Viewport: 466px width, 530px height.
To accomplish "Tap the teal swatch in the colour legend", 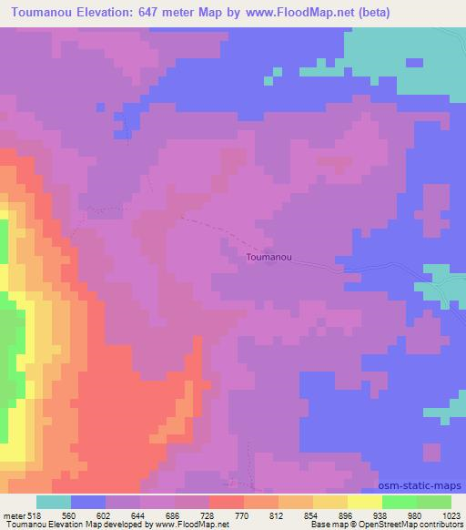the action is tap(54, 502).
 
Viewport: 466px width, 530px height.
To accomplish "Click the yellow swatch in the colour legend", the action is tap(365, 502).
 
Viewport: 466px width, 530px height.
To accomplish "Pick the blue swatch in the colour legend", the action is tap(88, 502).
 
